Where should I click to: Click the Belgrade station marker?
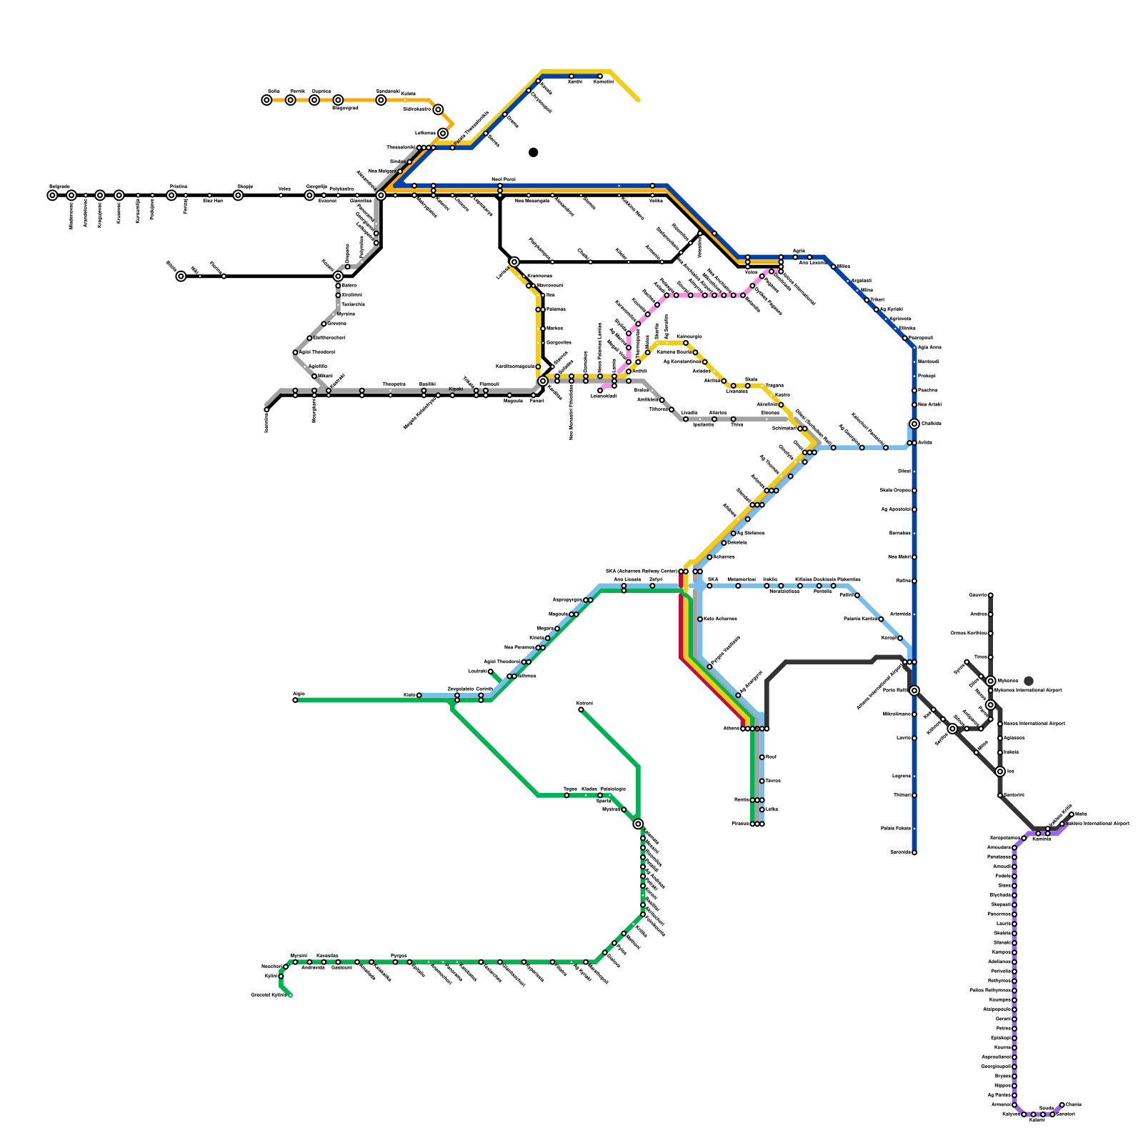coord(52,195)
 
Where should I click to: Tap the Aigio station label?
coord(298,694)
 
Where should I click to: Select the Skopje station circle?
coord(238,195)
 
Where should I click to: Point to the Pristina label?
coord(178,186)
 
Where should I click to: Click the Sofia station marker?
coord(266,100)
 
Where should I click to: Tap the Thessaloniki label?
coord(400,147)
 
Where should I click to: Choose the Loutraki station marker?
coord(490,672)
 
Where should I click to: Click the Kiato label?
coord(409,694)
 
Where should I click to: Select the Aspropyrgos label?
coord(568,600)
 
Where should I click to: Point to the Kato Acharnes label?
coord(720,619)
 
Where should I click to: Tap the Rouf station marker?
coord(762,757)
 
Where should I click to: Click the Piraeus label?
coord(741,824)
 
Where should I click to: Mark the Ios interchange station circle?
coord(1000,772)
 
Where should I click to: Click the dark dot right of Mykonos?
coord(1029,681)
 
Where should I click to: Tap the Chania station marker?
coord(1062,1104)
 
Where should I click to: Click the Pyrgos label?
coord(399,956)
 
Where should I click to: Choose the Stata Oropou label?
coord(895,490)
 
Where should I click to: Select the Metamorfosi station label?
coord(741,579)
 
